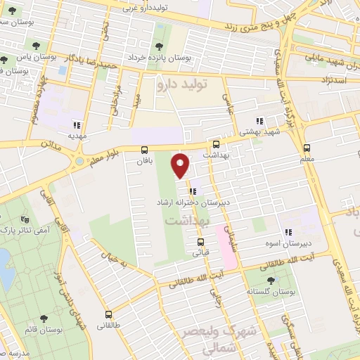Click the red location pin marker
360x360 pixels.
[x=181, y=165]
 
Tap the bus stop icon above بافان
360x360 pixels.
[x=144, y=149]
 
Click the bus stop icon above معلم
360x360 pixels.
[x=307, y=148]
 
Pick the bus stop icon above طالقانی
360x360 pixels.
[x=108, y=314]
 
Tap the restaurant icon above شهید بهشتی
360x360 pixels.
[x=259, y=120]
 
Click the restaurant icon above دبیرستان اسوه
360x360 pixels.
[x=288, y=232]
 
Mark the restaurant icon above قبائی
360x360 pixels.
[x=192, y=243]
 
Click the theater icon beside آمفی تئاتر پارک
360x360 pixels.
[x=26, y=219]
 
